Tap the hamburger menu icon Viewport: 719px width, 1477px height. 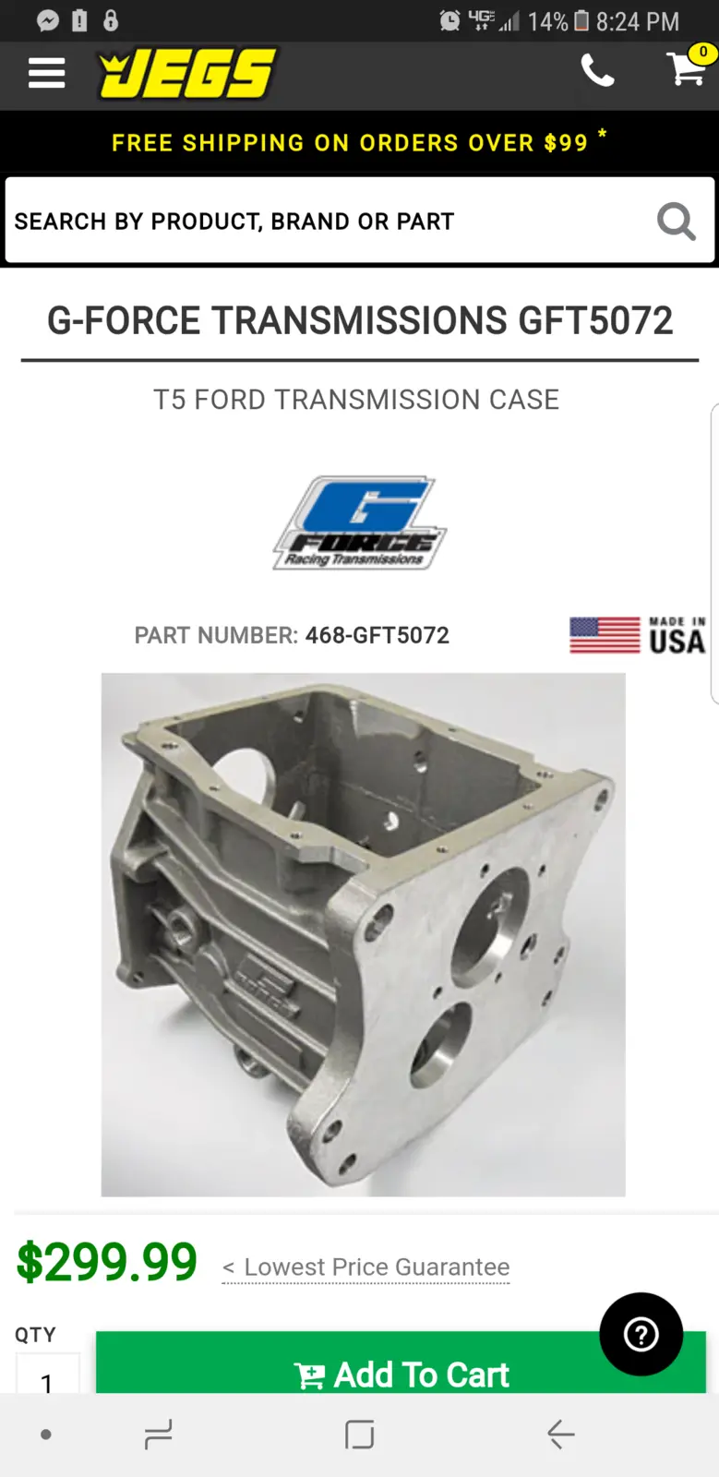point(46,73)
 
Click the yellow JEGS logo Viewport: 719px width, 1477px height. point(187,74)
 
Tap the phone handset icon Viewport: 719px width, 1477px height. point(597,70)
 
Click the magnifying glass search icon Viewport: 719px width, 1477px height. point(677,221)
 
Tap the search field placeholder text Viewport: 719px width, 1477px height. point(234,222)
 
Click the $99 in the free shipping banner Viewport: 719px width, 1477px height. point(566,143)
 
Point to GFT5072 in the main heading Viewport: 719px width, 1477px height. point(595,321)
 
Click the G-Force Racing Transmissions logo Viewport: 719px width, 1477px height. point(360,522)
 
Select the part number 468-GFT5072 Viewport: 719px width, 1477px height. point(377,635)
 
